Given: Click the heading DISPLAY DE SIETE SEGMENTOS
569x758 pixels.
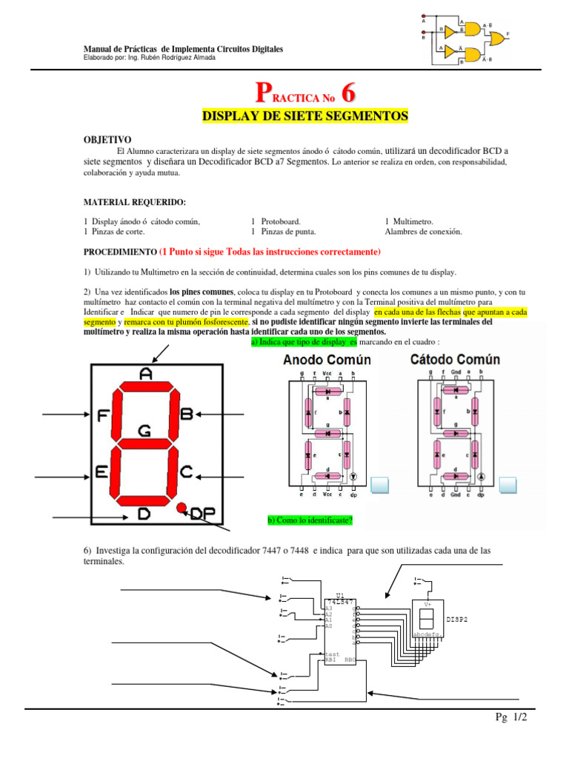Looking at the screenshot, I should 305,116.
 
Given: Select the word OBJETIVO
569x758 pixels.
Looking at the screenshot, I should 107,139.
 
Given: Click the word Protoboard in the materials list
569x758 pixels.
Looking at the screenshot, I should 282,221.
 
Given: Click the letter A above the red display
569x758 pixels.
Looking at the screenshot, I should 146,375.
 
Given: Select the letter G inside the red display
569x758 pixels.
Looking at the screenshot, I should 145,429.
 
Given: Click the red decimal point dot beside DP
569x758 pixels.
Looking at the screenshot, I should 181,508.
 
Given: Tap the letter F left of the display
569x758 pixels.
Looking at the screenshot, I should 102,415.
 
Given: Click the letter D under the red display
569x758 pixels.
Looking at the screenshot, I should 144,514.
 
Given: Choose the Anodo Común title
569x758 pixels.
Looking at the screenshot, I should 327,360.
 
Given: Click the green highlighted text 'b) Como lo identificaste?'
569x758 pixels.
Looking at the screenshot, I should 310,520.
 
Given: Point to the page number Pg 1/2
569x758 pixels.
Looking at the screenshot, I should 511,719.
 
